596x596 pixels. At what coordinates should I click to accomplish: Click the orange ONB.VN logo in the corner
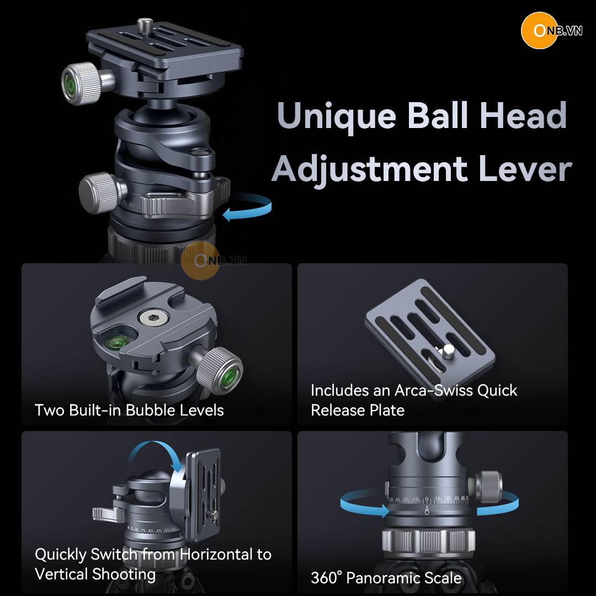click(551, 30)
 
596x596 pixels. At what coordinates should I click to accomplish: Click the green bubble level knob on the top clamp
click(81, 84)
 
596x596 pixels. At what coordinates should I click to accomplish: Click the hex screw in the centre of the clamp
click(154, 318)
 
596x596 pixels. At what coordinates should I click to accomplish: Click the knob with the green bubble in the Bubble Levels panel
click(222, 370)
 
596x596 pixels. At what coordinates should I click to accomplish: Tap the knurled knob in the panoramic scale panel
click(487, 487)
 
